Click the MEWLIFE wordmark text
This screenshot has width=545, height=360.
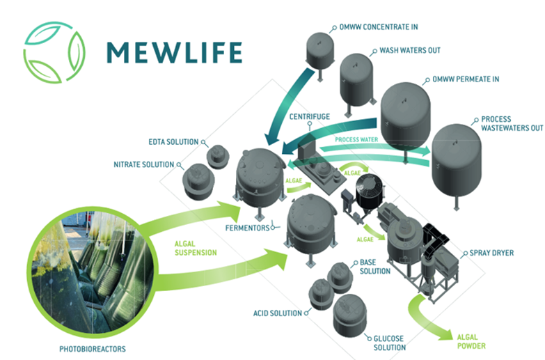[174, 52]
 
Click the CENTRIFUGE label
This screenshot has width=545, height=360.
[309, 117]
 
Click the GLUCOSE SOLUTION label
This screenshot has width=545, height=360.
[390, 343]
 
